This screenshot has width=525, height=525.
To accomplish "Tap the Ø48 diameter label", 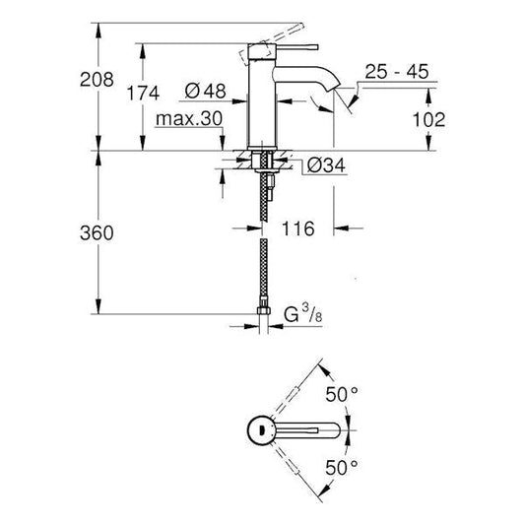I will click(x=205, y=92).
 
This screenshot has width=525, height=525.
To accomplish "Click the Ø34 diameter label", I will click(x=315, y=165).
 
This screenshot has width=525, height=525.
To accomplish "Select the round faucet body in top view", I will click(x=258, y=429).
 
